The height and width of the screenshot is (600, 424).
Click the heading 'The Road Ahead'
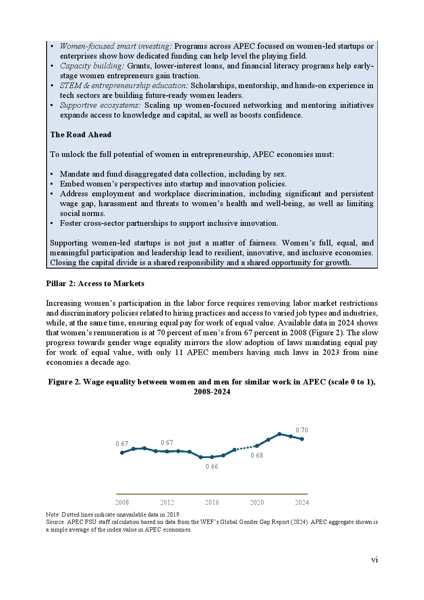[x=80, y=135]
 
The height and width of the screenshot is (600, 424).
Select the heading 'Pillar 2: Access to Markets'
[x=95, y=284]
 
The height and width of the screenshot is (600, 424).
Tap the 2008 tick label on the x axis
[x=122, y=502]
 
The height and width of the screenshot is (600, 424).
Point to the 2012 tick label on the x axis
[x=167, y=502]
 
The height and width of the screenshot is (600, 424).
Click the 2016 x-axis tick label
[x=212, y=502]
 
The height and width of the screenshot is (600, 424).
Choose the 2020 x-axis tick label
[x=257, y=502]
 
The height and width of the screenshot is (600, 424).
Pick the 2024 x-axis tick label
[x=302, y=502]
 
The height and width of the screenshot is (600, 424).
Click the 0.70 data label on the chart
[x=302, y=430]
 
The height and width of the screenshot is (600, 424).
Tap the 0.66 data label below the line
[x=212, y=467]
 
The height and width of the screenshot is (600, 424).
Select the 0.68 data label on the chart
[x=257, y=455]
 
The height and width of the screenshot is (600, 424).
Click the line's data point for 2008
[x=122, y=452]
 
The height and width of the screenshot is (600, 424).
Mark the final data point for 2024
[x=302, y=439]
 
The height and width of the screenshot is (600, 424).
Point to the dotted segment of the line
[x=246, y=448]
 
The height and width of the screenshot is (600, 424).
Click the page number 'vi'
[x=374, y=560]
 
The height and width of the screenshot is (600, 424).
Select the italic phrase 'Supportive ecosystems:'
[x=100, y=105]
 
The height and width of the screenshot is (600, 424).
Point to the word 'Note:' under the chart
[x=53, y=514]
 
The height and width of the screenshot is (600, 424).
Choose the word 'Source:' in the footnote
[x=56, y=522]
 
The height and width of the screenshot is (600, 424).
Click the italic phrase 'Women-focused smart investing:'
[x=115, y=46]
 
